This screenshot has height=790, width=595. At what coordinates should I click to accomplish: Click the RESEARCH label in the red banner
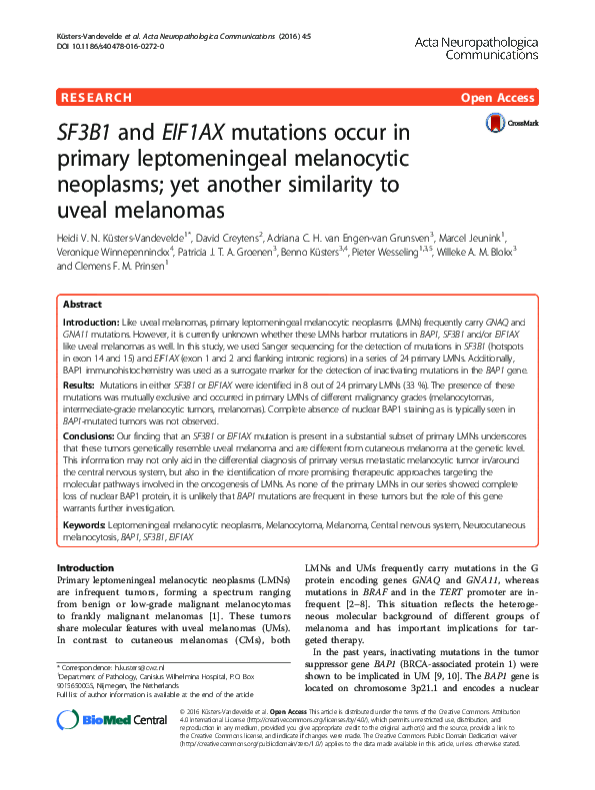[x=96, y=98]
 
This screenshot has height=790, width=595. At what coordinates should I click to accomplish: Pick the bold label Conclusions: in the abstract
[x=91, y=435]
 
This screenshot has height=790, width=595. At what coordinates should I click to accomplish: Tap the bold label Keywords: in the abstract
[x=86, y=523]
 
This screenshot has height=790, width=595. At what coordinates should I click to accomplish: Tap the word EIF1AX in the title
[x=218, y=134]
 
